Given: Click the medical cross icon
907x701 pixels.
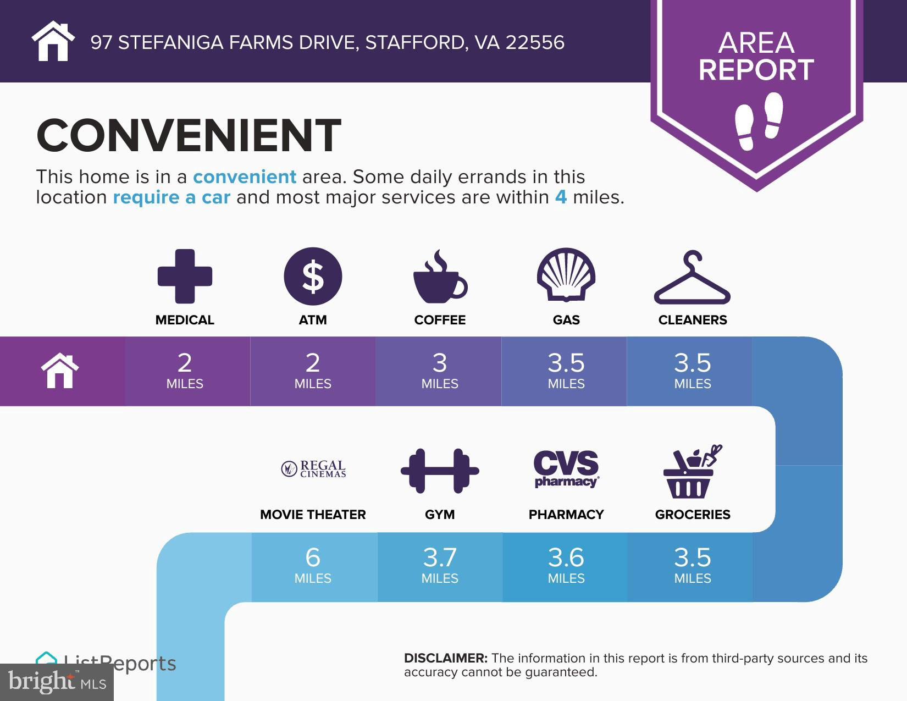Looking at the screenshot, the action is tap(185, 277).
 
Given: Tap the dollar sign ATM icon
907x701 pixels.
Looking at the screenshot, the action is tap(313, 277).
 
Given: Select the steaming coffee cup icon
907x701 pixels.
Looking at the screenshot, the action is tap(440, 277).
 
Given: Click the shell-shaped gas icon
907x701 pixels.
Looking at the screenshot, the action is tap(566, 275).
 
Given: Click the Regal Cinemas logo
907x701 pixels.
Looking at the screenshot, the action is tap(313, 469).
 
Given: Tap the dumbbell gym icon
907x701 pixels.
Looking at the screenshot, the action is tap(440, 471).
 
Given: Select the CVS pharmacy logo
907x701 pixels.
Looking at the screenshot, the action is tap(566, 469).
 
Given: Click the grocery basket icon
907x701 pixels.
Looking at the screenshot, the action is tap(692, 472).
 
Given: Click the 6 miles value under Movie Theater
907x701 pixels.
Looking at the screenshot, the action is tap(313, 565).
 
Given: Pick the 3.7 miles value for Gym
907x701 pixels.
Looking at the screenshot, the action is tap(440, 565).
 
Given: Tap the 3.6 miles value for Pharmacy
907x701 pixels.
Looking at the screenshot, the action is tap(566, 565).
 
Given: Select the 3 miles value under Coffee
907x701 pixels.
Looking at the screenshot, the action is tap(440, 371).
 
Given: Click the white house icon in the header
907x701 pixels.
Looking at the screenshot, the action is tap(53, 41).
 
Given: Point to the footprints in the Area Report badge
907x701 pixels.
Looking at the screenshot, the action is tap(759, 121).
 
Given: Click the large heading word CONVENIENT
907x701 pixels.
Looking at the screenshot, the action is tap(189, 135).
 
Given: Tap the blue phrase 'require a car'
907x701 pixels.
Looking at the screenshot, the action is tap(172, 197).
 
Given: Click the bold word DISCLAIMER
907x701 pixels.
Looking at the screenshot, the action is tap(446, 658).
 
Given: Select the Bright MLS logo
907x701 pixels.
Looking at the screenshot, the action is tap(57, 682).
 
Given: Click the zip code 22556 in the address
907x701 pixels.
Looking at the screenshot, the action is tap(535, 42).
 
